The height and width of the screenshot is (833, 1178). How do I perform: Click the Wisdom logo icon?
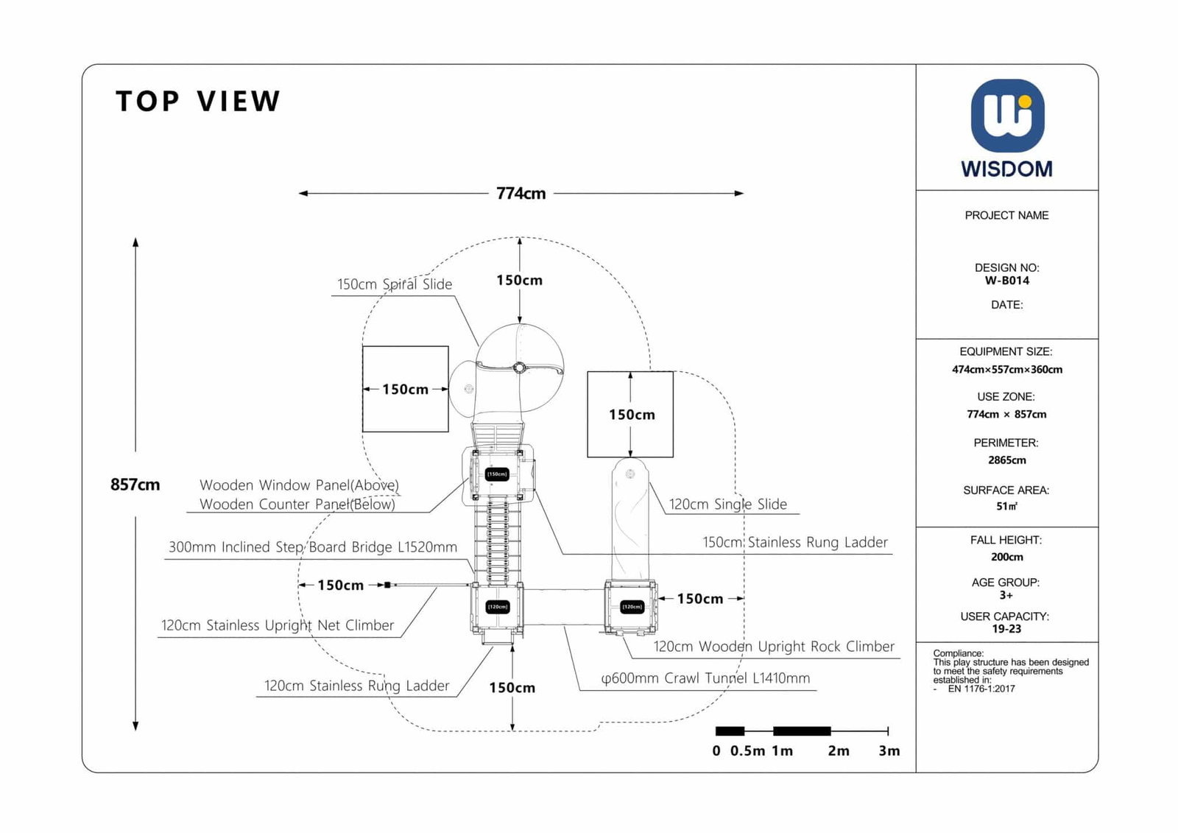[1006, 116]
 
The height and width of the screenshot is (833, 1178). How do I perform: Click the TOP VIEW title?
[198, 102]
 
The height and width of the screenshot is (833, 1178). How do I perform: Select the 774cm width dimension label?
[521, 194]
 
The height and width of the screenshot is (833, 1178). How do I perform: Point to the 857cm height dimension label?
[135, 485]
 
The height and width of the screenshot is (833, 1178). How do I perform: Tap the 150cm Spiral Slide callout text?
[395, 284]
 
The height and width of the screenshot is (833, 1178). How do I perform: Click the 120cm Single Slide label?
[727, 505]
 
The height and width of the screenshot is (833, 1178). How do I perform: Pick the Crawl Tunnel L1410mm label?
[705, 678]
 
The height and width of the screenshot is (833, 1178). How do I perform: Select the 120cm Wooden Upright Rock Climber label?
[774, 647]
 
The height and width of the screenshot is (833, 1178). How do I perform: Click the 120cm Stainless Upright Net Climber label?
[278, 625]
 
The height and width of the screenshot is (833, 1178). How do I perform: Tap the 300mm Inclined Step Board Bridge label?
[313, 547]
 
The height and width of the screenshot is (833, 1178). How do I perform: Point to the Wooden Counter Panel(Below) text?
[297, 505]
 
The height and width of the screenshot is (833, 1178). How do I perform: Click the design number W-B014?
[1006, 281]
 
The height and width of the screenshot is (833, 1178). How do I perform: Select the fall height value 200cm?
[1006, 557]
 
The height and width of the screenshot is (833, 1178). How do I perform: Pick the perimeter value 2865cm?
[1006, 460]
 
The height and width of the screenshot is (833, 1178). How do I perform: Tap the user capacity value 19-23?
[1006, 629]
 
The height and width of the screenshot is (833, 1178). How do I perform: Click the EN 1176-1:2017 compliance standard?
[981, 689]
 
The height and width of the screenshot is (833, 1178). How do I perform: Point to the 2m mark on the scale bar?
[838, 751]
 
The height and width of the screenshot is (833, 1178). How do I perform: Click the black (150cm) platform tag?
[497, 474]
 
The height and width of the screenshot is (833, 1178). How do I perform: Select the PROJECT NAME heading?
[1006, 215]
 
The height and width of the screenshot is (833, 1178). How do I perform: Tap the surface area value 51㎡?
[1006, 507]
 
